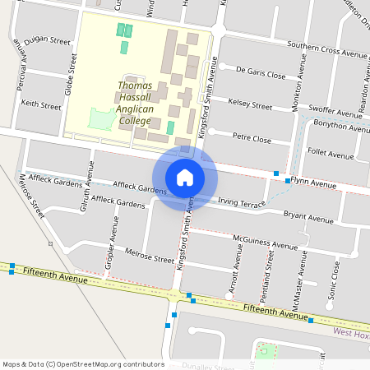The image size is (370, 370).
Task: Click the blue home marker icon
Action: [185, 178]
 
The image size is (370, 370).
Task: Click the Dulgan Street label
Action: [48, 40]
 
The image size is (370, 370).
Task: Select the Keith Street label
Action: [41, 106]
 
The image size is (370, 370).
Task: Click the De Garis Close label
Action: [261, 75]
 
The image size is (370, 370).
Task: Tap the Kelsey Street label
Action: [250, 106]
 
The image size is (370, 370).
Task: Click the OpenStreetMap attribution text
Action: [83, 364]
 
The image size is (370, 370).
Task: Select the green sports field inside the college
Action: [101, 120]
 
